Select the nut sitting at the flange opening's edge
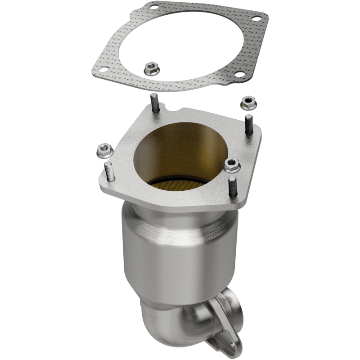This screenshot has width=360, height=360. [x=231, y=166]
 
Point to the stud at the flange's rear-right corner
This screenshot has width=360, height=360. [x=249, y=124]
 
